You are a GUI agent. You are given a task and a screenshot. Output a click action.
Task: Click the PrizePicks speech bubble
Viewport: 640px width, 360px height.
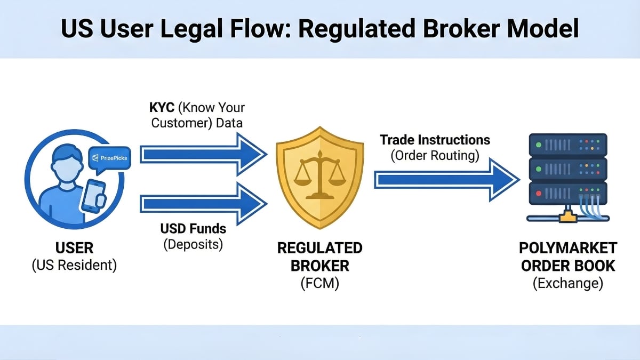tap(109, 158)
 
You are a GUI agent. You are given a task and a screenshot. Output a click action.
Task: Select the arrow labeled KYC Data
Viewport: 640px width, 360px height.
tap(203, 155)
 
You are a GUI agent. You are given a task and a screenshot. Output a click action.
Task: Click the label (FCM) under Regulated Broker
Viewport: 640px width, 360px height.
tap(319, 283)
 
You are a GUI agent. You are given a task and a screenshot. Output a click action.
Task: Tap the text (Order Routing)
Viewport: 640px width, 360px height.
tap(435, 156)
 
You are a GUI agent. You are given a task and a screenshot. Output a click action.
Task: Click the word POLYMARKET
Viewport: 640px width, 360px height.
tap(568, 248)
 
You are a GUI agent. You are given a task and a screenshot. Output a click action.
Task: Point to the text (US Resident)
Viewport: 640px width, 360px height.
tap(74, 265)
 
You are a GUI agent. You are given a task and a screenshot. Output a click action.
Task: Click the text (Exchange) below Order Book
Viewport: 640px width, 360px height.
tap(568, 283)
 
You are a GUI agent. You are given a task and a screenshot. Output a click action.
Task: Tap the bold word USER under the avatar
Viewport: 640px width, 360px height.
tap(74, 248)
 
